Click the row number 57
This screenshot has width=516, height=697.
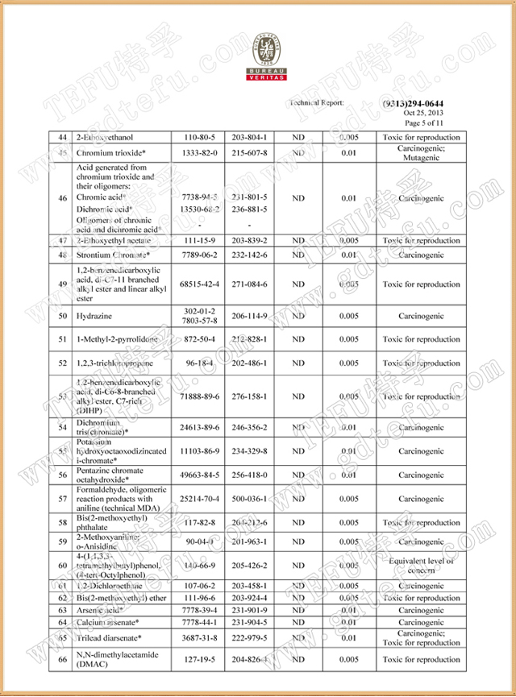click(62, 500)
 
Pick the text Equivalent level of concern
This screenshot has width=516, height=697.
click(421, 565)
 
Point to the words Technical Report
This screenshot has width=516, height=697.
click(316, 103)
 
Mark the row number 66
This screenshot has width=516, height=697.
click(62, 660)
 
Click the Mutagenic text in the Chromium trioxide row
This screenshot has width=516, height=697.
click(421, 158)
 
